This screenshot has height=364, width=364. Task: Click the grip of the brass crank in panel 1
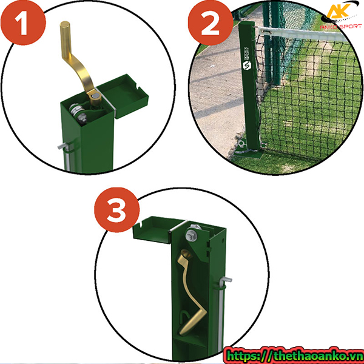tap(66, 37)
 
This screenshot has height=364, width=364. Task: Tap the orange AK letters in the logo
tap(338, 13)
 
